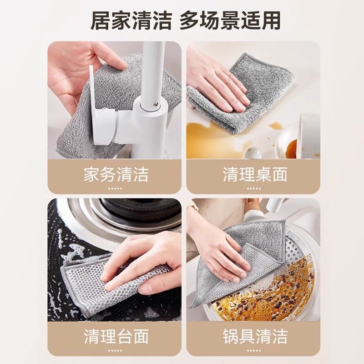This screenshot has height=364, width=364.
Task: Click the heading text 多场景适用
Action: (229, 20)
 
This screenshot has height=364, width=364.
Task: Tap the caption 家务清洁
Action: (116, 175)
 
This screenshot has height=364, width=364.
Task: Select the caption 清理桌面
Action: (255, 175)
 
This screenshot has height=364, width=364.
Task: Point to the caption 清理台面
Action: (116, 337)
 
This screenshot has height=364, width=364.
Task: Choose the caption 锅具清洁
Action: (255, 337)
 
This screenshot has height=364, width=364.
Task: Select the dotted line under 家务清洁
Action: (116, 188)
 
